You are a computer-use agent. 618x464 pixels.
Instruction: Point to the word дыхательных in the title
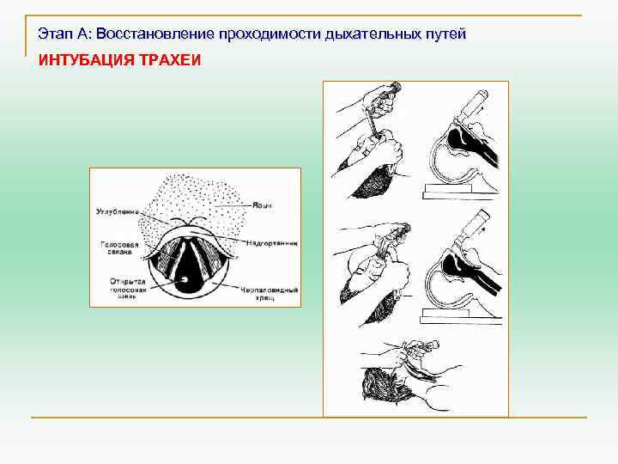coord(367,34)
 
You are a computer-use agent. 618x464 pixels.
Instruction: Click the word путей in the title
coord(442,34)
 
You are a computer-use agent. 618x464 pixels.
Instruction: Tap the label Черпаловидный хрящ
coord(270,294)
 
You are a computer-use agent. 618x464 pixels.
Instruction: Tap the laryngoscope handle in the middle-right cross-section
coord(473,228)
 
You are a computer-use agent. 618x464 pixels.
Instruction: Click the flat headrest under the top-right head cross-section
coord(461,191)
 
